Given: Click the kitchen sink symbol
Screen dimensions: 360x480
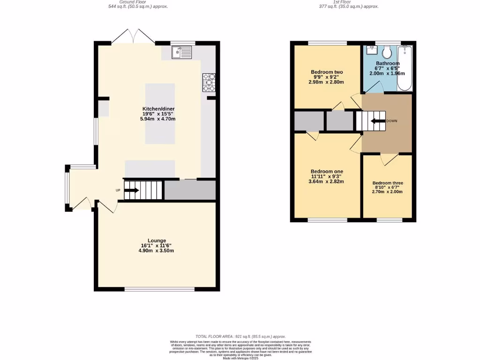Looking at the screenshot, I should point(181,52).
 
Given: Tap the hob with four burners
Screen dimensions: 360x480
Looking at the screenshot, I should point(209,82).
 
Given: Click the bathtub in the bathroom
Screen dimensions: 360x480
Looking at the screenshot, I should point(405,68).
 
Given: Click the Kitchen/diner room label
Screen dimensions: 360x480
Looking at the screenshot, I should point(158,109).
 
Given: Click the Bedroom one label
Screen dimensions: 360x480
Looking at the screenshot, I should point(327,171).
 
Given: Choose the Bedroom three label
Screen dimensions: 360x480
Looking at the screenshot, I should point(388,183).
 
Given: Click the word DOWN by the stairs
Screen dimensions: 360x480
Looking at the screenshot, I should point(392,121).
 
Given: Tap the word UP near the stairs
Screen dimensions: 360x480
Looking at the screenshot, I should point(118,190).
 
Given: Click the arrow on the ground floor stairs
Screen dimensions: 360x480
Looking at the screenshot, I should point(131,190).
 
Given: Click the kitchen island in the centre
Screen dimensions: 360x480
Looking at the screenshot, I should point(160,113).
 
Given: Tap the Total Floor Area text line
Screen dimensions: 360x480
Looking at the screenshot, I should point(240,337).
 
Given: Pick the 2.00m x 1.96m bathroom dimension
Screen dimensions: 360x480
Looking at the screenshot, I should point(388,74).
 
